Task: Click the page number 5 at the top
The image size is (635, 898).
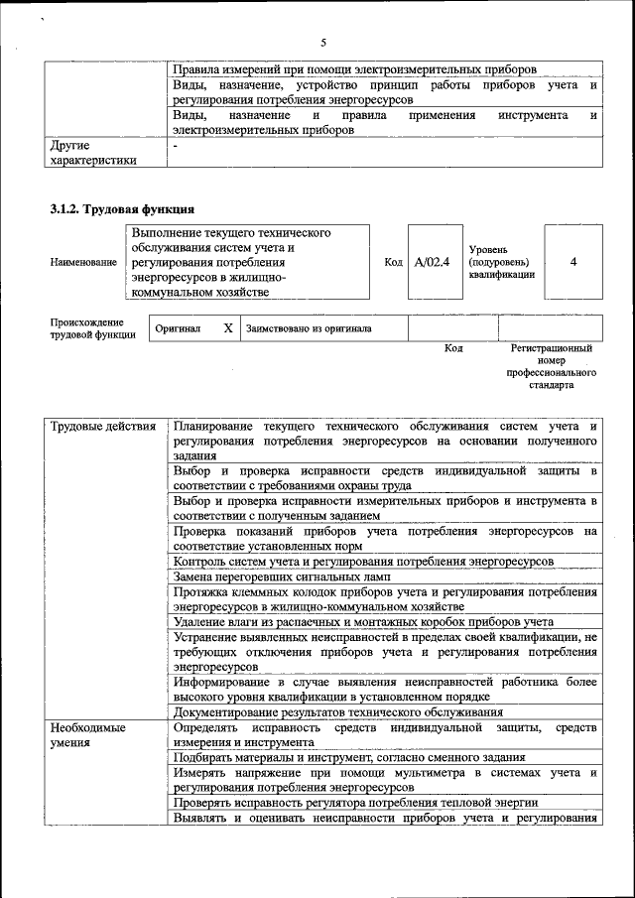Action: click(323, 43)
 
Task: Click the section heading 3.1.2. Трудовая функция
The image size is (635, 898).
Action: click(121, 209)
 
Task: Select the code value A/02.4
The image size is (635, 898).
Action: click(432, 262)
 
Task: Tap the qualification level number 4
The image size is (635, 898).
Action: click(573, 262)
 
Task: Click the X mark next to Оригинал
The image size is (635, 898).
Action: click(227, 327)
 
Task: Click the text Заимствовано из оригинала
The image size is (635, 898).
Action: click(309, 328)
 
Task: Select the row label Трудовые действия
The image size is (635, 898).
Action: click(103, 427)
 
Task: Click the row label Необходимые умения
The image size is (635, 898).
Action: click(89, 735)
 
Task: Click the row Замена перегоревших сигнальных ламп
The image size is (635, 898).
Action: click(282, 577)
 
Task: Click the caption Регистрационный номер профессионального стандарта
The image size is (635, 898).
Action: click(551, 366)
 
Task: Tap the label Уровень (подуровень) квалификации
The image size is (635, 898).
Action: click(502, 262)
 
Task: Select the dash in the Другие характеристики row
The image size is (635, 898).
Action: click(175, 145)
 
